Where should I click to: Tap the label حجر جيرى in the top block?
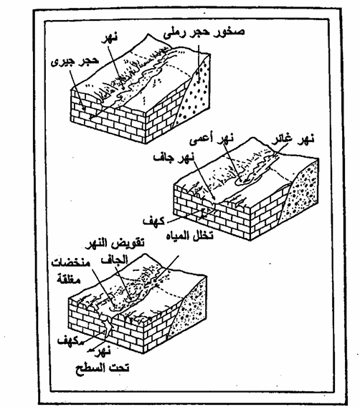(75, 62)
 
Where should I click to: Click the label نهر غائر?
(293, 140)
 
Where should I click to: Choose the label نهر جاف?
(174, 157)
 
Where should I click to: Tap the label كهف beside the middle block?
(153, 221)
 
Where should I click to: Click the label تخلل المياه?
(189, 236)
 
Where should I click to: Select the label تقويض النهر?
(116, 244)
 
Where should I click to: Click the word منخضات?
(71, 263)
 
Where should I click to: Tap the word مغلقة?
(69, 279)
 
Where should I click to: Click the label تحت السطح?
(103, 368)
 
